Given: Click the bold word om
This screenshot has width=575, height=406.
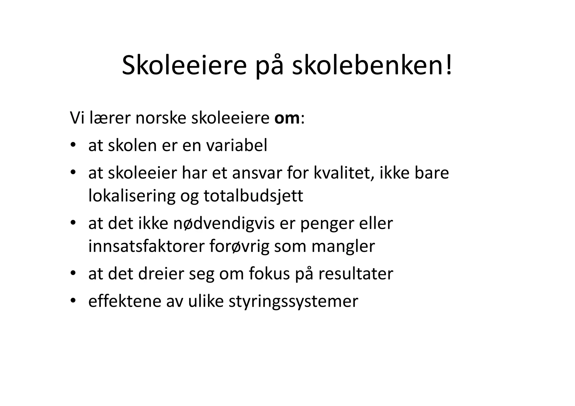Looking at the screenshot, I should click(x=287, y=118).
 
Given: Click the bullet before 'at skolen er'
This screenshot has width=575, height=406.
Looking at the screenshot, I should click(x=73, y=145).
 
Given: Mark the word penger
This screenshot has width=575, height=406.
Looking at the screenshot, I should click(x=323, y=223).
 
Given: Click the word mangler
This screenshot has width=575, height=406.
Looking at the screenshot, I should click(x=343, y=246).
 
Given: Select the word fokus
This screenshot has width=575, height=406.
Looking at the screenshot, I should click(x=269, y=274).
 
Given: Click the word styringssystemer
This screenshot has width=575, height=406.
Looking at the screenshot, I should click(x=293, y=301).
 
